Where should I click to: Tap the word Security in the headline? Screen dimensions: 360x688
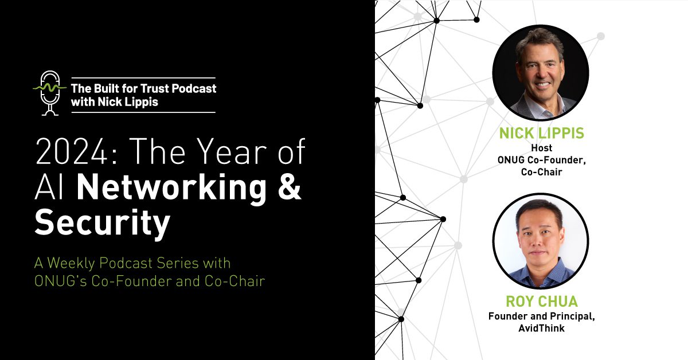point(103,224)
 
